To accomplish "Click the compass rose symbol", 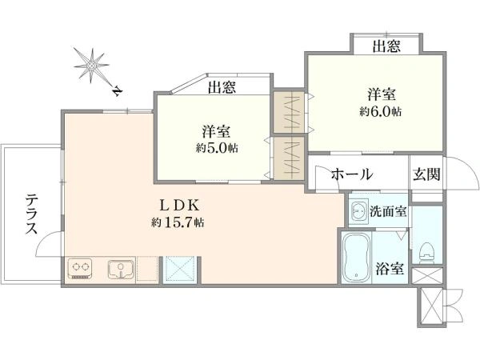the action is (91, 66).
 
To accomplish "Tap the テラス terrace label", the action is (31, 214).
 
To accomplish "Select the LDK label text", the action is (179, 206).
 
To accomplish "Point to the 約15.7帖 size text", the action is (178, 222).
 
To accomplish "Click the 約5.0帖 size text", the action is (217, 148).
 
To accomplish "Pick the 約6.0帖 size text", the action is (381, 111).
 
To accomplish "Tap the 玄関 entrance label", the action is (426, 174).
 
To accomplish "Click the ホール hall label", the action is (352, 174).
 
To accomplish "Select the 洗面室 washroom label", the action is (388, 211).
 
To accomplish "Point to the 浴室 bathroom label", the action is (390, 269).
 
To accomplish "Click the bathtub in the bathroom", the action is (356, 258).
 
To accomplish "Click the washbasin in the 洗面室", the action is (358, 211).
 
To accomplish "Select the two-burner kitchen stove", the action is (80, 269).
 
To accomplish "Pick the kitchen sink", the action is (122, 270).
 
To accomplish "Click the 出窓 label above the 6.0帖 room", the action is (386, 46).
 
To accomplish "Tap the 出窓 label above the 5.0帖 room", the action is (222, 87).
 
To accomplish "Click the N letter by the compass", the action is (118, 91).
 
